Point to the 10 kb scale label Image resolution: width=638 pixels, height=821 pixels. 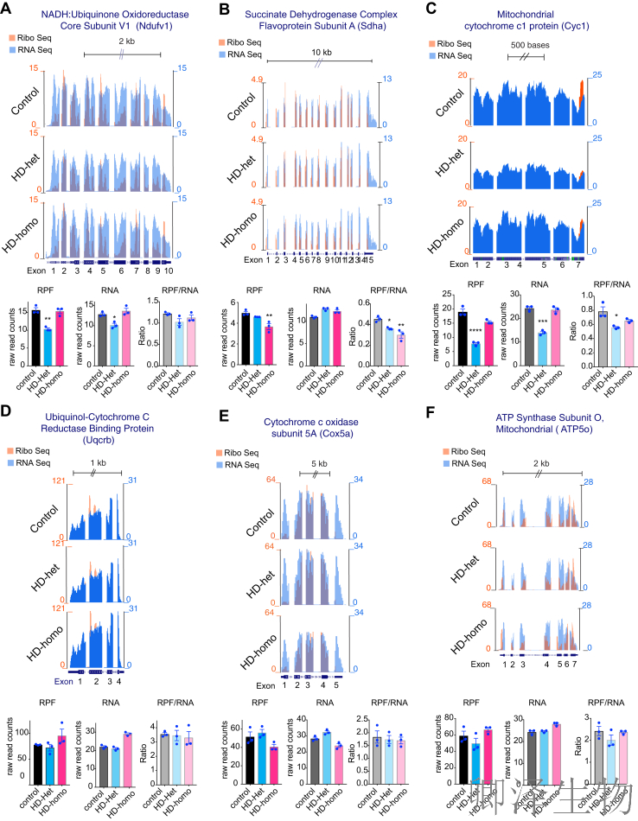point(320,53)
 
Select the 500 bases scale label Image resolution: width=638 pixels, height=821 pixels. point(525,47)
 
